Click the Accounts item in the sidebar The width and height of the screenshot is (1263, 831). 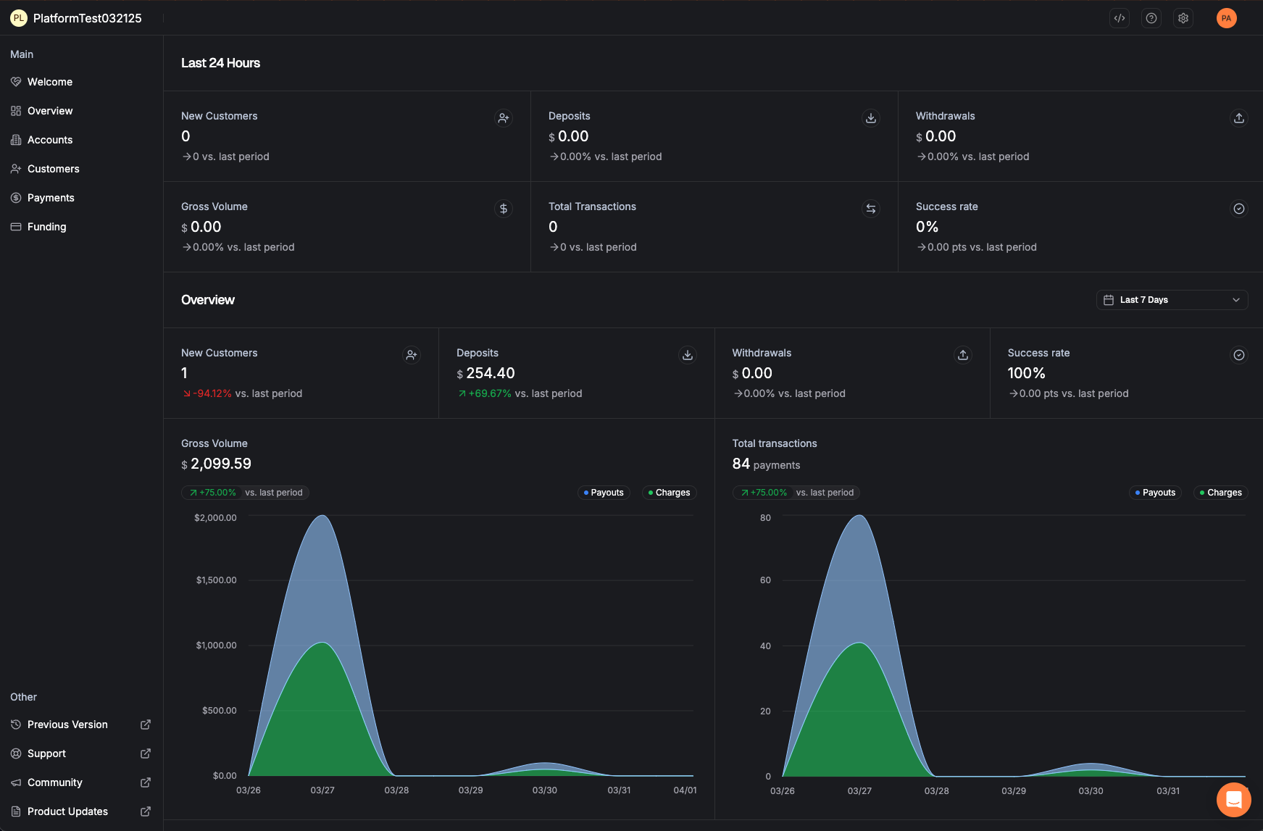49,140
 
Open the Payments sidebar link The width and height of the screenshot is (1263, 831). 51,198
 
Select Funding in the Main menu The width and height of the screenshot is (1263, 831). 46,227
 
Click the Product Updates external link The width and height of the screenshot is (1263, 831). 67,811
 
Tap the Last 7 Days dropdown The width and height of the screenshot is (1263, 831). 1171,300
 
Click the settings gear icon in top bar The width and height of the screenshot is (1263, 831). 1183,18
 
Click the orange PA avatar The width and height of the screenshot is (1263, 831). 1226,18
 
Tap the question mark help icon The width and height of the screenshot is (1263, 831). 1151,18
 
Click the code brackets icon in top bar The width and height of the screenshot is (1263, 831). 1120,18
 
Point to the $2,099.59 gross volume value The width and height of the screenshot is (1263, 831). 220,464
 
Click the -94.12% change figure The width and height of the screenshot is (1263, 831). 212,393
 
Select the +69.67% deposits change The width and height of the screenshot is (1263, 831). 490,393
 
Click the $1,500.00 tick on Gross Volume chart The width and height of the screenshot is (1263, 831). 216,580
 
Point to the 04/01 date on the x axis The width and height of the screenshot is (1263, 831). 685,790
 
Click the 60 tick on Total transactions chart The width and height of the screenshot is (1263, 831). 765,580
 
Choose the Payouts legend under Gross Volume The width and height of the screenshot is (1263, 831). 604,493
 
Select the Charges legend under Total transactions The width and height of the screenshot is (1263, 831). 1220,493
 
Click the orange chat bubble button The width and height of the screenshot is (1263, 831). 1233,800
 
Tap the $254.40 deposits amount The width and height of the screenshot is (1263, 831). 490,373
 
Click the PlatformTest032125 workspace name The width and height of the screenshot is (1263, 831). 87,18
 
